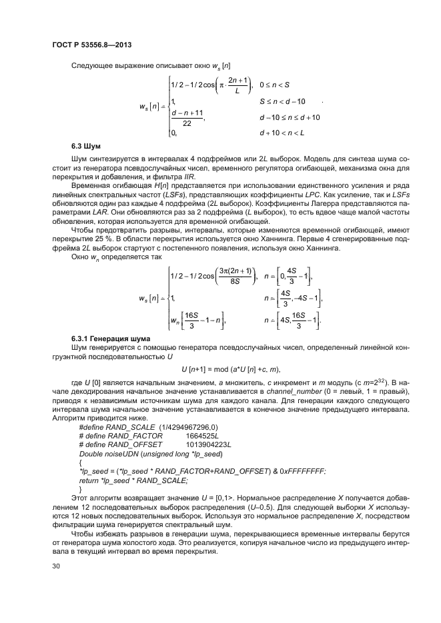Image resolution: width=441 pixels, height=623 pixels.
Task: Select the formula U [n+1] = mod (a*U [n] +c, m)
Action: [230, 370]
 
